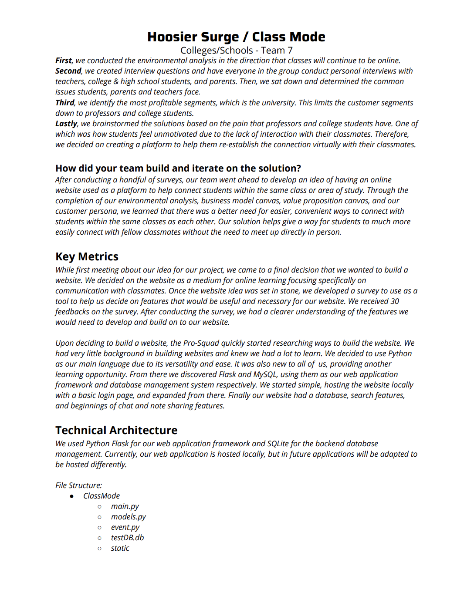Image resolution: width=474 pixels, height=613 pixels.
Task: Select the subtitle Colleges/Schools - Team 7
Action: (237, 51)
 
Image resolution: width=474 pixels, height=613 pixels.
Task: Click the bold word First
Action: (64, 61)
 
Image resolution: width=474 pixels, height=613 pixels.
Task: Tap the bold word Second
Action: (68, 71)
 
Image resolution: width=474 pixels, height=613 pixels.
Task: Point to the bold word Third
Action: (65, 103)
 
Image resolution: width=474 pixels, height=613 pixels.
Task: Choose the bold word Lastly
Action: (66, 124)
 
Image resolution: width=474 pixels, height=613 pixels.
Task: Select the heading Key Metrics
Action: (87, 256)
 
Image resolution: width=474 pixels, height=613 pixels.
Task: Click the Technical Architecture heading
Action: (116, 430)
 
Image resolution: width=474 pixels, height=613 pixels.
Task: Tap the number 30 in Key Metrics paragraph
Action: (395, 301)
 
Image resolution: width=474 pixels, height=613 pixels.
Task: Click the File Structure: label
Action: (78, 485)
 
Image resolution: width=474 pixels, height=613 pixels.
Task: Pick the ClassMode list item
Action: (102, 496)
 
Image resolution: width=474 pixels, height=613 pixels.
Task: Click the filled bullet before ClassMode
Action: (72, 496)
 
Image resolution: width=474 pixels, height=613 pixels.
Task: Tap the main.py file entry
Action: (125, 506)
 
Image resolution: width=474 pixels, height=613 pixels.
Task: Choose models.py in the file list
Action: (129, 517)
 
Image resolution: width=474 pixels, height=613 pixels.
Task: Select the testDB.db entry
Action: (127, 538)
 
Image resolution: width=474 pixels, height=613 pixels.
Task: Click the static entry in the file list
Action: (120, 548)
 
